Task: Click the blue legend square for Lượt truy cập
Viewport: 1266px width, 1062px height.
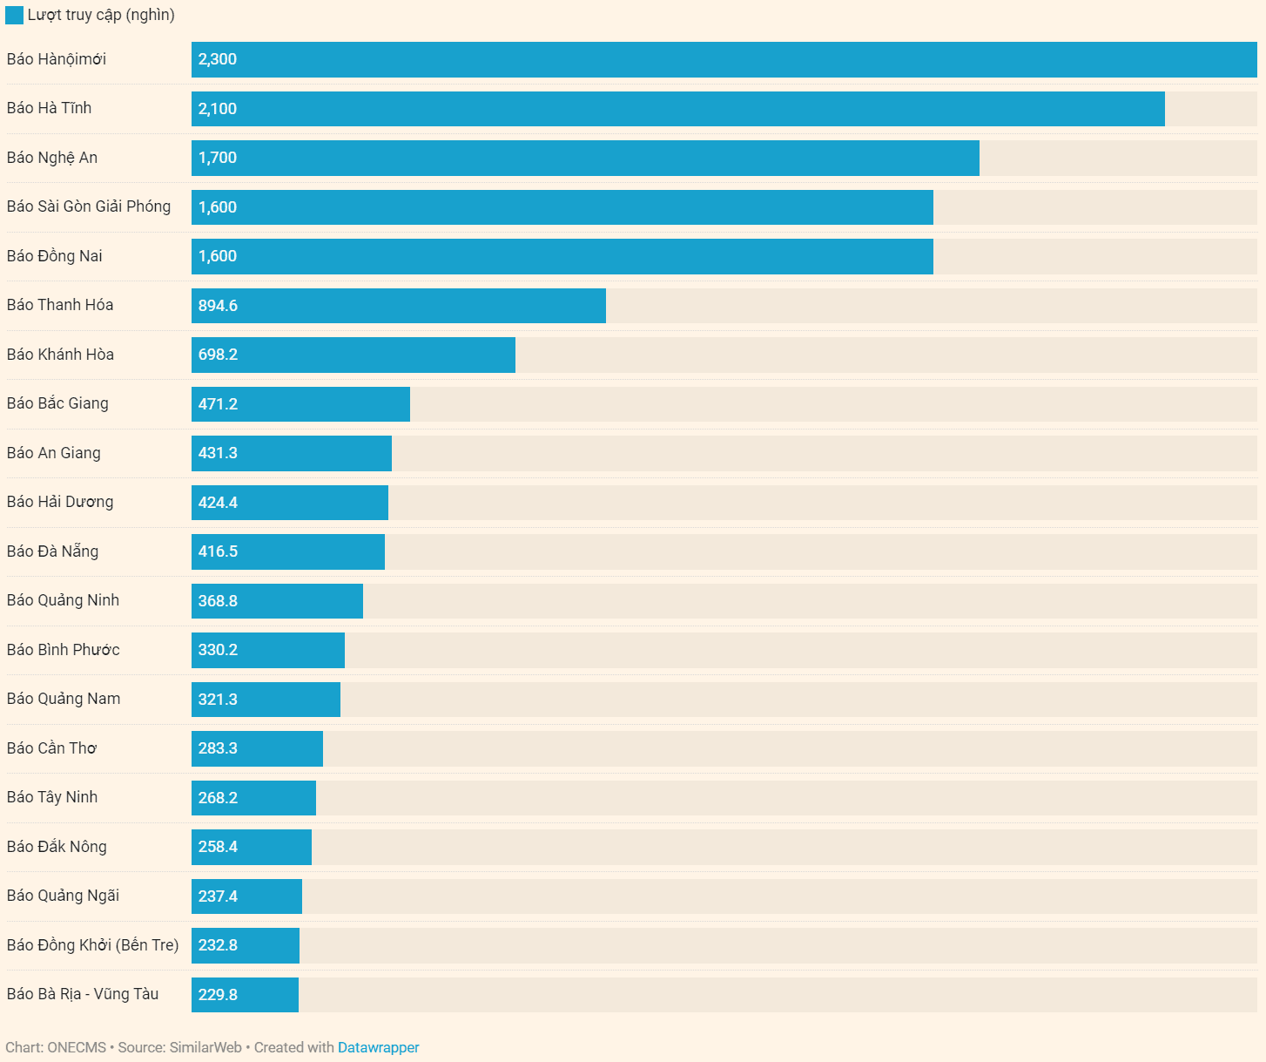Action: pos(14,15)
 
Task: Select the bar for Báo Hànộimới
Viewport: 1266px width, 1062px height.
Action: pos(724,59)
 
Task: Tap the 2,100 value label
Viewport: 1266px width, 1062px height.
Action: pos(218,109)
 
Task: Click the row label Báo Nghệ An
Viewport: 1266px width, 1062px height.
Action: pos(52,158)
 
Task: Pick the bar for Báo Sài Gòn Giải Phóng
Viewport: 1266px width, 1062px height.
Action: pos(562,207)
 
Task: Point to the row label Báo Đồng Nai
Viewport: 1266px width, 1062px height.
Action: pos(55,256)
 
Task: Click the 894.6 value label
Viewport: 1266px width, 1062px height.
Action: pos(218,306)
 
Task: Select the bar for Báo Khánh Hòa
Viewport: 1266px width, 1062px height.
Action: pos(353,355)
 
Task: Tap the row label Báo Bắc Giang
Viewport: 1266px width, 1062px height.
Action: pos(57,403)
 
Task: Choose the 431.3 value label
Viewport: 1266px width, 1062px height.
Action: pos(218,453)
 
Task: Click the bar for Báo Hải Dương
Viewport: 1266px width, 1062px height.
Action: pos(289,503)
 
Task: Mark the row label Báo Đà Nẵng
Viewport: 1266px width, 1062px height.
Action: pos(52,551)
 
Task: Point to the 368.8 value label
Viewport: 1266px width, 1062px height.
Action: pos(218,601)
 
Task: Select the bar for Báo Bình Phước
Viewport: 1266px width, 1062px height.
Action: pos(267,650)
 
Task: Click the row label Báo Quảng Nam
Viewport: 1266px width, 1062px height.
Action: pos(64,699)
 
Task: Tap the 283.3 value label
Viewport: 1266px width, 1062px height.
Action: pos(218,748)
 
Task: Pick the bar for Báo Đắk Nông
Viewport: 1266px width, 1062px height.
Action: pos(251,847)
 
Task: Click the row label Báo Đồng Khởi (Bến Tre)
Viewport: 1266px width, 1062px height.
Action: pos(92,945)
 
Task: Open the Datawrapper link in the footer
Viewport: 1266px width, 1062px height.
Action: pos(378,1047)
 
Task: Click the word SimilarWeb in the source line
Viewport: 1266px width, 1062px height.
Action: pos(205,1047)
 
